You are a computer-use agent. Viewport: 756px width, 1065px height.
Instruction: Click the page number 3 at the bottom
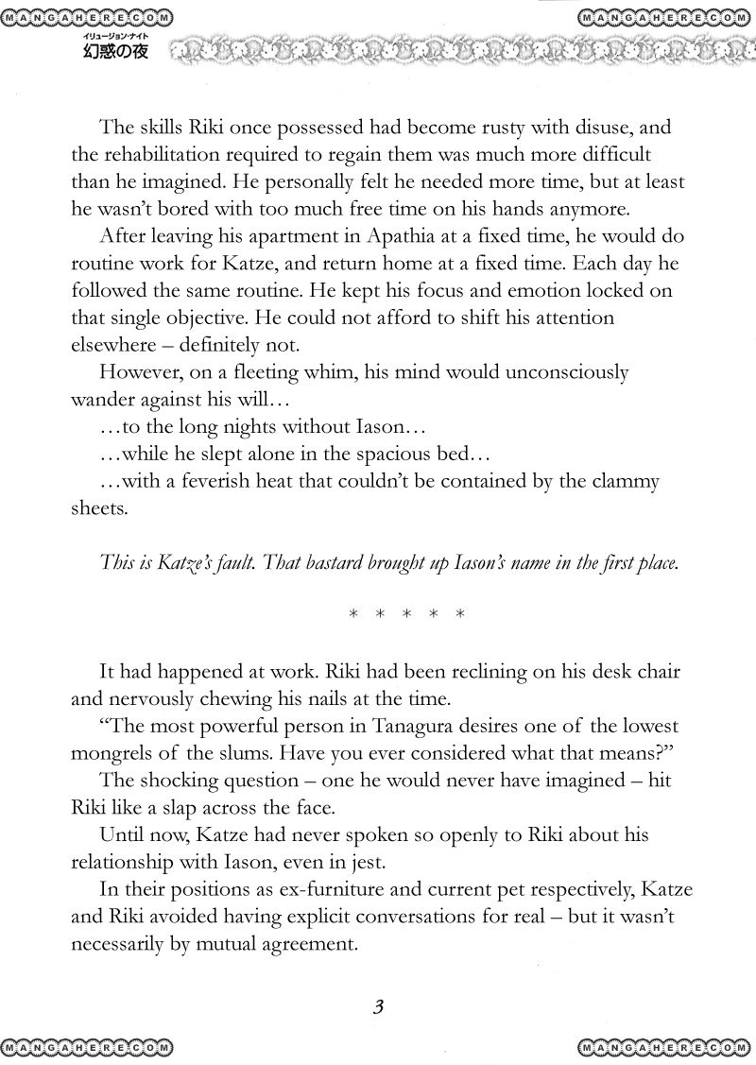(377, 1007)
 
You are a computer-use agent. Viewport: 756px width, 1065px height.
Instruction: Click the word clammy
(619, 482)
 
